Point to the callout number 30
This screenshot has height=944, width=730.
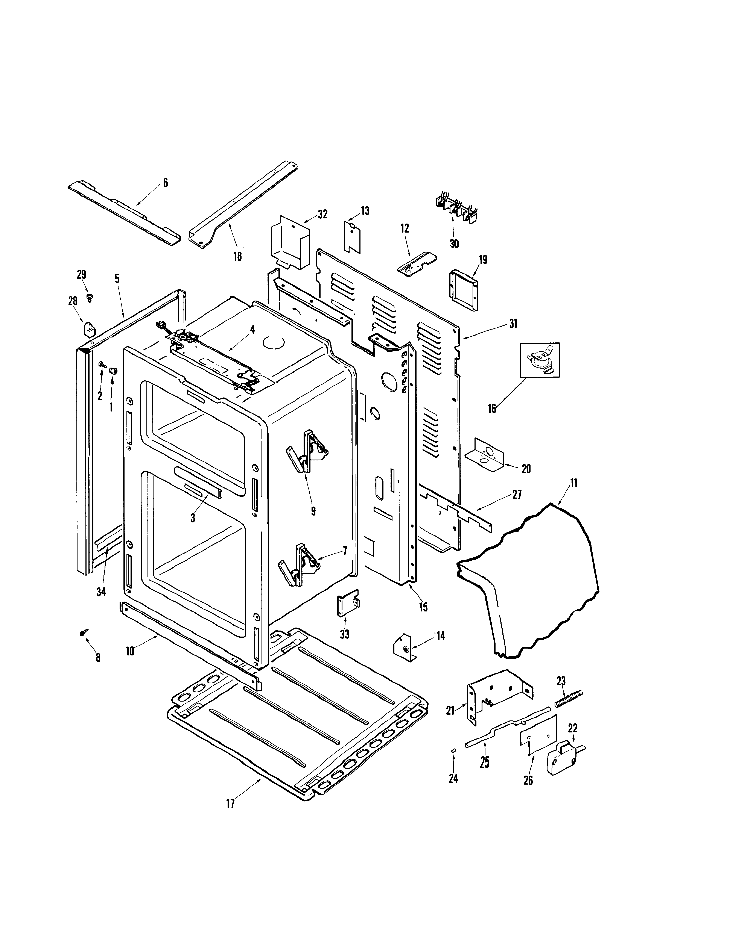click(454, 244)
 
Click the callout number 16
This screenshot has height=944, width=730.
click(492, 408)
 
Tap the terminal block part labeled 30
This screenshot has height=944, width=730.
click(454, 210)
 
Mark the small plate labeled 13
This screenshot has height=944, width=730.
click(352, 236)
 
